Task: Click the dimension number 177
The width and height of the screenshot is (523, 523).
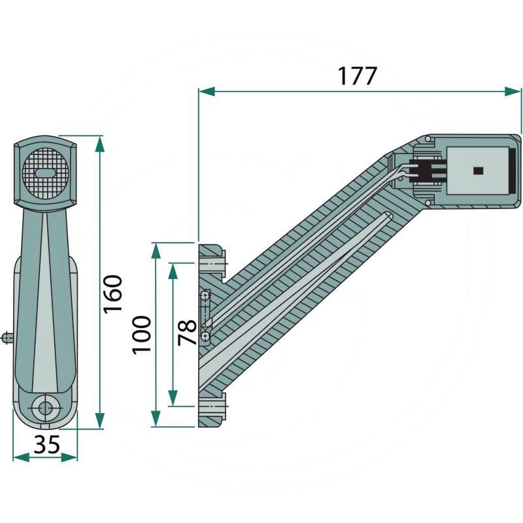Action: click(x=357, y=76)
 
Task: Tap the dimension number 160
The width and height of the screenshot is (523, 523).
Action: click(x=113, y=294)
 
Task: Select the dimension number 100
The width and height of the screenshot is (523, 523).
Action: click(x=142, y=335)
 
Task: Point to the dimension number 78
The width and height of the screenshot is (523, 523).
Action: click(x=187, y=332)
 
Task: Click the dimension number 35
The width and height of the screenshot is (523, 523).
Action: click(x=46, y=445)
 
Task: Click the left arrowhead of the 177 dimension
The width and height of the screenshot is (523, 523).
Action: click(x=207, y=91)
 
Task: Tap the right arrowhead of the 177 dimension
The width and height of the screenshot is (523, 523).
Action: click(x=513, y=91)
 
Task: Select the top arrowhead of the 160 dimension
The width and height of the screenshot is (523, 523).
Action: click(x=100, y=144)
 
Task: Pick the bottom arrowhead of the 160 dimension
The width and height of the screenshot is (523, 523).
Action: click(x=100, y=420)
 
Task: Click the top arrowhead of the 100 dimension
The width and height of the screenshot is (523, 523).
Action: click(x=156, y=251)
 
